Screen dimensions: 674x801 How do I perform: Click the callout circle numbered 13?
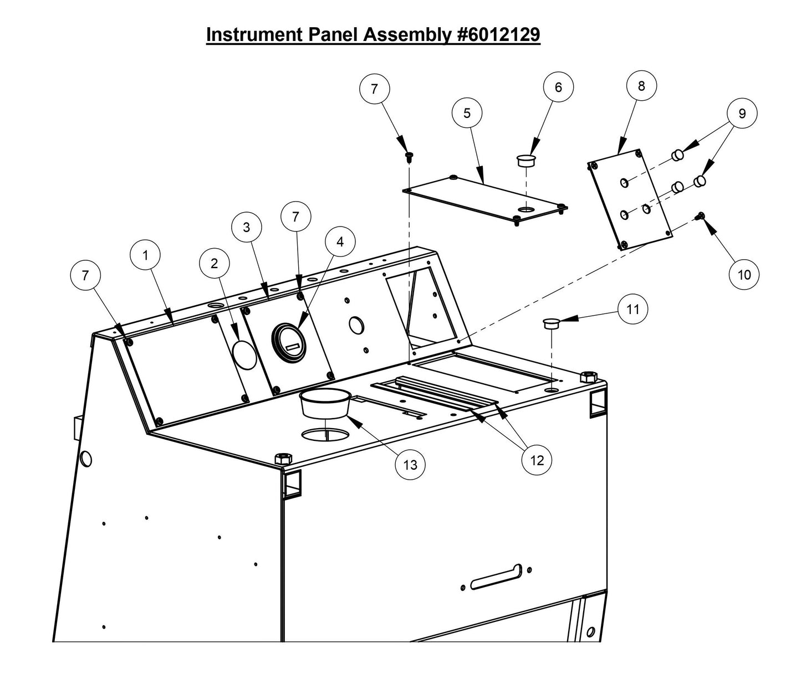point(410,465)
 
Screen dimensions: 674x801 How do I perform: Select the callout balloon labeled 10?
point(744,275)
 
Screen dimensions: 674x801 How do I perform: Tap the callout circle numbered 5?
point(467,113)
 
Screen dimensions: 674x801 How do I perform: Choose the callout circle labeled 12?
point(537,460)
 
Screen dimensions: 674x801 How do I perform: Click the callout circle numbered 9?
point(742,113)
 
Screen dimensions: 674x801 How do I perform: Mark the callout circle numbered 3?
point(246,227)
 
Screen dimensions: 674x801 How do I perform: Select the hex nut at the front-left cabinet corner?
point(283,459)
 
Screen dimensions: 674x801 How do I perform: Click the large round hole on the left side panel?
point(86,459)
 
